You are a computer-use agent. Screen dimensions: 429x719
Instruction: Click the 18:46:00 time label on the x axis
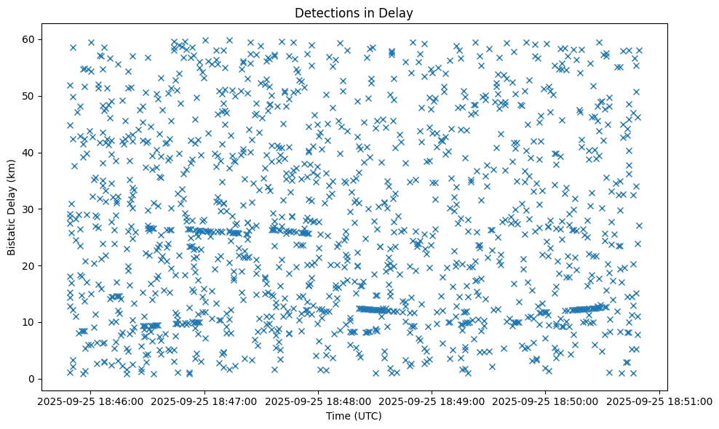[x=92, y=401]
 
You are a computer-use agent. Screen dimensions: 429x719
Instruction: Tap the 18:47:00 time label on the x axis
[x=205, y=401]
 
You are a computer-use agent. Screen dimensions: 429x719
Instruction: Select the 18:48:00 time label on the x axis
[x=319, y=401]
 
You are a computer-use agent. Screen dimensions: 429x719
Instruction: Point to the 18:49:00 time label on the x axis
[x=432, y=401]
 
